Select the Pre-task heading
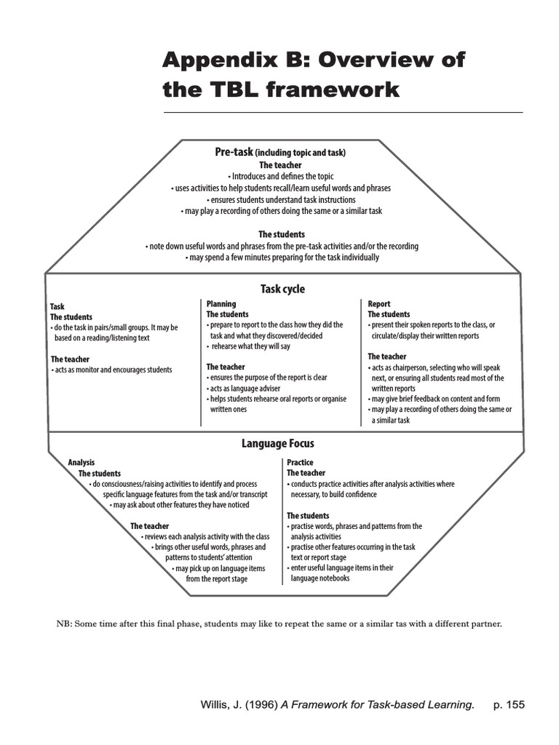point(233,152)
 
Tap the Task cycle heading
point(282,289)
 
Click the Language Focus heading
point(278,443)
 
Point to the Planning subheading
point(221,304)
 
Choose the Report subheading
point(378,304)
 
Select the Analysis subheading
point(82,462)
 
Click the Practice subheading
point(300,462)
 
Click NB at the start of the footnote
point(63,624)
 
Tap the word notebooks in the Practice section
point(332,578)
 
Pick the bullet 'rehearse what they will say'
point(250,346)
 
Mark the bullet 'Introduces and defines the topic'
point(280,176)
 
